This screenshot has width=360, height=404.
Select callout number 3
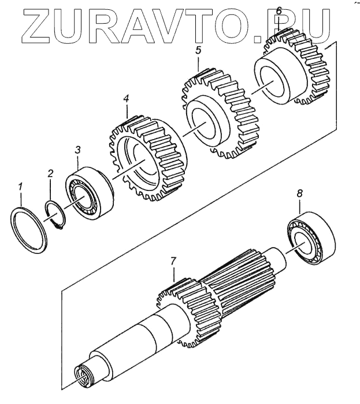point(79,151)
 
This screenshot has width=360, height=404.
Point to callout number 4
point(126,99)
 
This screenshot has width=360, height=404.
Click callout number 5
point(198,51)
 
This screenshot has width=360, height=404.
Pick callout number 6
point(279,10)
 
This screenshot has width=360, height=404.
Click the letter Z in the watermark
point(32,24)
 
